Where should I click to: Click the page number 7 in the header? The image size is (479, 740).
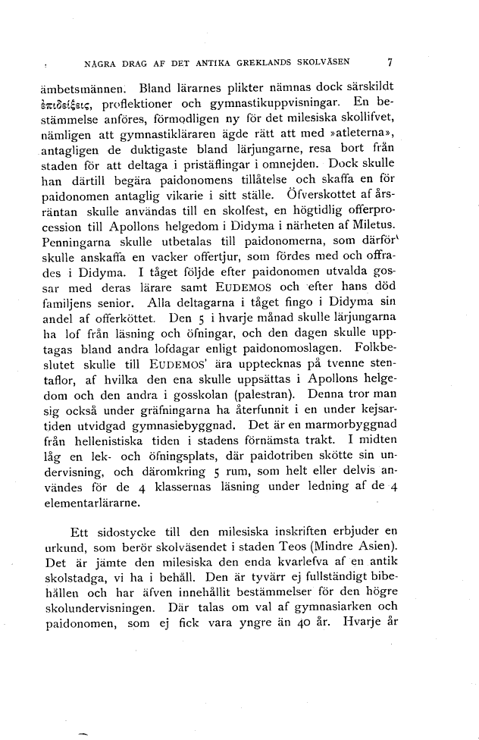[x=388, y=63]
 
